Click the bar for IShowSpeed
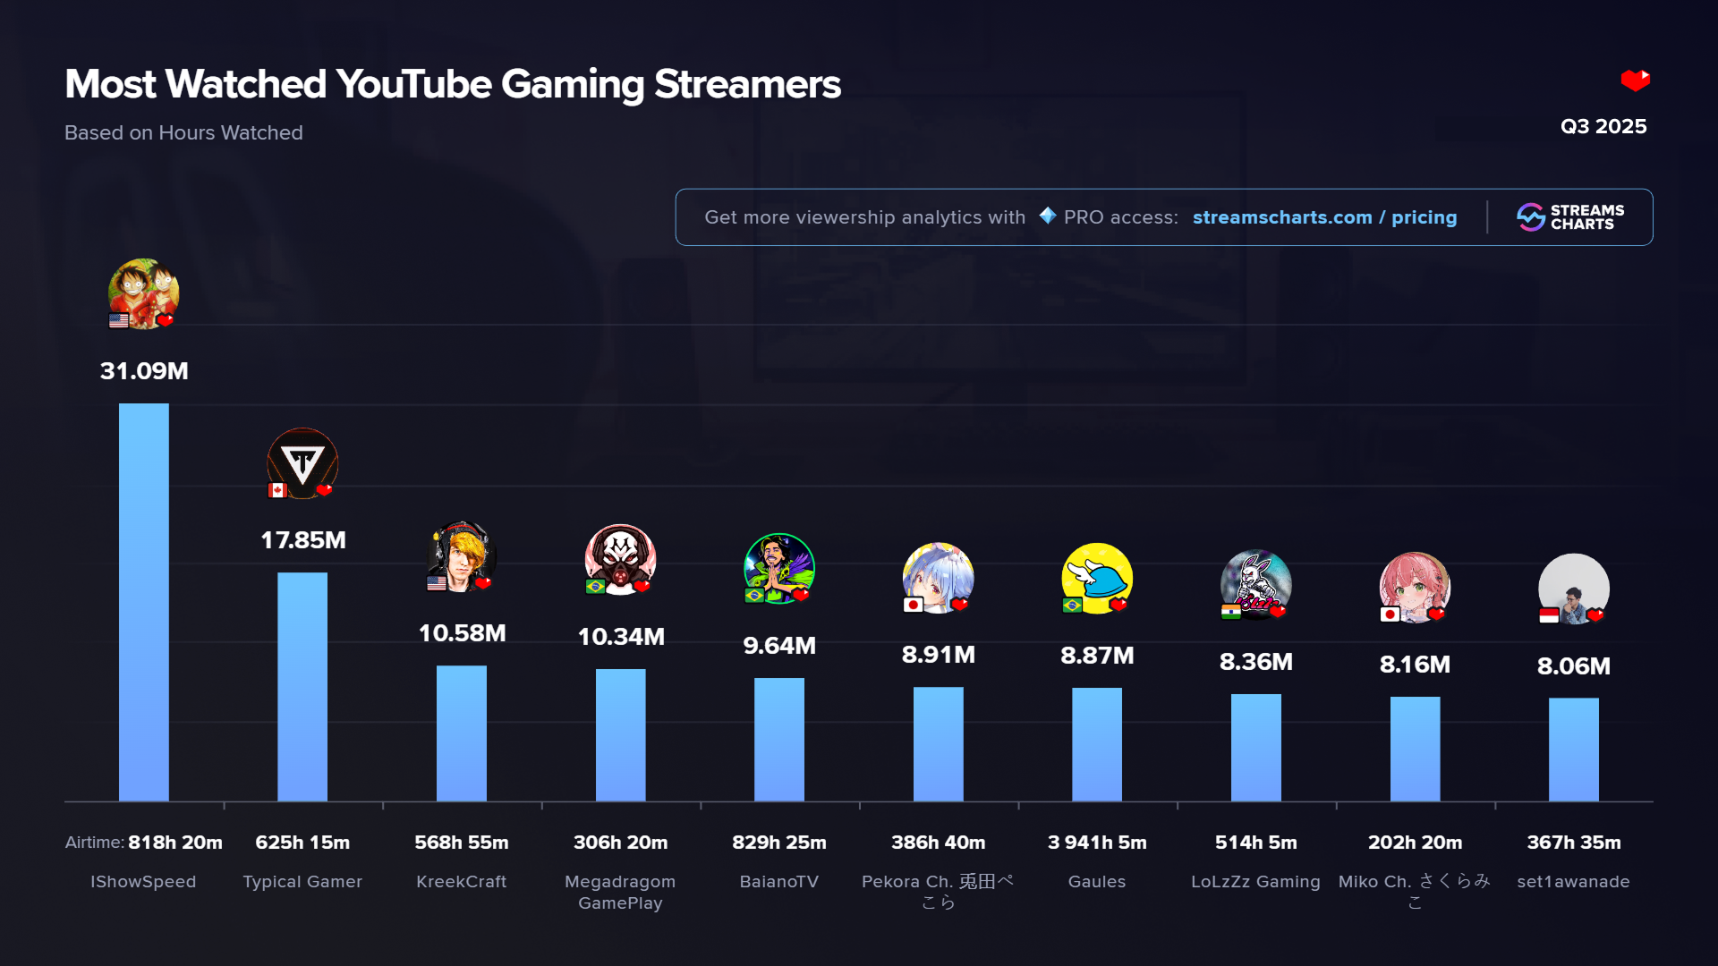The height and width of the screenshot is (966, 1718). pyautogui.click(x=143, y=601)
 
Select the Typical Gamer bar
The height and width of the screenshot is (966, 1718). pyautogui.click(x=302, y=686)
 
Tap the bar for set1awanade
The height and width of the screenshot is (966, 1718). pyautogui.click(x=1573, y=749)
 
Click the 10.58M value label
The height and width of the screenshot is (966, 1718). pyautogui.click(x=462, y=633)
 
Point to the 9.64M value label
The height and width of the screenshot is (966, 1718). pyautogui.click(x=779, y=646)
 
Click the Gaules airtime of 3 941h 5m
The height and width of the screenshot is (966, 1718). pyautogui.click(x=1097, y=843)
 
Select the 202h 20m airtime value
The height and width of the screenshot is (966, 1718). pyautogui.click(x=1415, y=843)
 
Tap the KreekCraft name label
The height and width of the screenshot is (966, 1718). pyautogui.click(x=462, y=882)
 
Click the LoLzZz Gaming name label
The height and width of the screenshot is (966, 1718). pyautogui.click(x=1255, y=882)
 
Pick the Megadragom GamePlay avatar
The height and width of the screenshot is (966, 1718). pyautogui.click(x=620, y=558)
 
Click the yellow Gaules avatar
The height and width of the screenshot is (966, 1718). pyautogui.click(x=1097, y=577)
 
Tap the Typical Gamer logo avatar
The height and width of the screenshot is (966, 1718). pyautogui.click(x=302, y=462)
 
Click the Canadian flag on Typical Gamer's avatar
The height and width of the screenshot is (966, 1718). pyautogui.click(x=277, y=490)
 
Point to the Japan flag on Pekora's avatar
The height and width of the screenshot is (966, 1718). pyautogui.click(x=913, y=605)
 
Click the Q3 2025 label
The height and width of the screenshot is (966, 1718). pyautogui.click(x=1603, y=126)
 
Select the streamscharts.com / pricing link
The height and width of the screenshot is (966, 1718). pyautogui.click(x=1324, y=217)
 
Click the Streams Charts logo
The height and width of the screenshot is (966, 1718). pyautogui.click(x=1570, y=217)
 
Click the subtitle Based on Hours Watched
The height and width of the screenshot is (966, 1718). pyautogui.click(x=183, y=132)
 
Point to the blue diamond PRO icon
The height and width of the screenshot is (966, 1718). pyautogui.click(x=1048, y=216)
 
